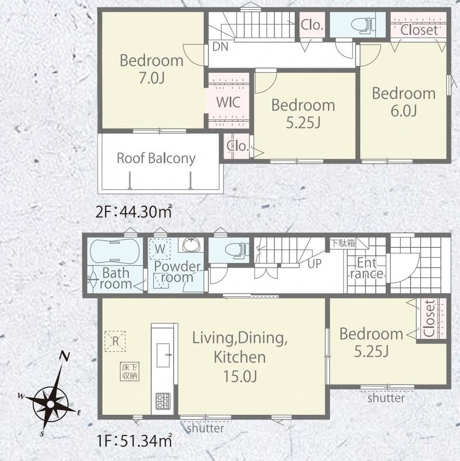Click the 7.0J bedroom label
[151, 70]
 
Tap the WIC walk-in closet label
[228, 102]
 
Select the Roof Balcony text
[156, 158]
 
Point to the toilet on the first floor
[237, 251]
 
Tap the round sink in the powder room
[191, 245]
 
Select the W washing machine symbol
[160, 249]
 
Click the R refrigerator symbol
[115, 341]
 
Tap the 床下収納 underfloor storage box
[129, 372]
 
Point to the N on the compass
[64, 356]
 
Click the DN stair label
[220, 47]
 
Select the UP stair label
[314, 264]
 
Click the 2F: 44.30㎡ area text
[134, 212]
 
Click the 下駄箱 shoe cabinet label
[343, 243]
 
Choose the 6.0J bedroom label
[403, 102]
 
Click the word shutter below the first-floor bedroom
[386, 398]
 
